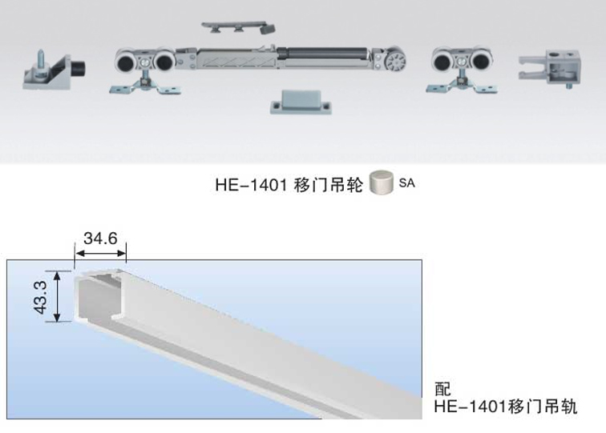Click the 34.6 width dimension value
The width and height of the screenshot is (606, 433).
tap(100, 239)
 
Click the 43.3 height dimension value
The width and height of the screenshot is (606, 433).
tap(40, 297)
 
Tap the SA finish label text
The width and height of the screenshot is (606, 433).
tap(407, 182)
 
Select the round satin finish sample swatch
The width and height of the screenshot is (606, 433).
tap(381, 182)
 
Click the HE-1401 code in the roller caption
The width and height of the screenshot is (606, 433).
tap(251, 184)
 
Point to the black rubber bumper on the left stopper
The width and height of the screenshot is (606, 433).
tap(79, 69)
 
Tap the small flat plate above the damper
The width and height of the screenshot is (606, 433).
tap(238, 27)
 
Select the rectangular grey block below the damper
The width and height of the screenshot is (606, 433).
tap(301, 102)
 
